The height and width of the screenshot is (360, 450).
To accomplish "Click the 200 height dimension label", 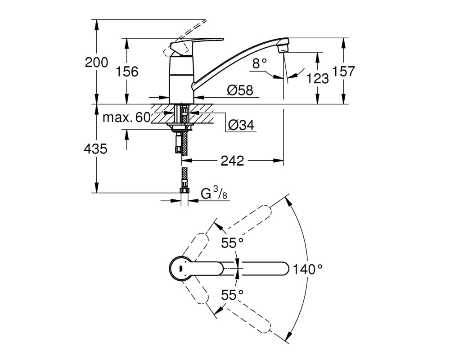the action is pos(96,62).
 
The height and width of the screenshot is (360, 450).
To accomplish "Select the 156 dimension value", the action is pos(127,72).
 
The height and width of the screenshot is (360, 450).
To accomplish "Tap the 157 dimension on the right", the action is pos(343,71).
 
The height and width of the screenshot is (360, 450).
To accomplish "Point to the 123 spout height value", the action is pos(317,78).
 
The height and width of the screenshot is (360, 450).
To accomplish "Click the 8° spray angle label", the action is pos(260,63).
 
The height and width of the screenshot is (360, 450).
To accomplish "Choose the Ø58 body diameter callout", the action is pos(240,90).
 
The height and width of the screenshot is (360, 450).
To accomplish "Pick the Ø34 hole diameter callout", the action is pos(241,125).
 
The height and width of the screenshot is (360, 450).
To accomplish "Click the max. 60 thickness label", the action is pos(126,117).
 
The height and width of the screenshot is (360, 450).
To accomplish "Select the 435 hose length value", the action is pos(95,148).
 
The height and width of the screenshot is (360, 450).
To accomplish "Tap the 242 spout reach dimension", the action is pos(232,161).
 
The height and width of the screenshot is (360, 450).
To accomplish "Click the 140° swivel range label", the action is pos(308,269).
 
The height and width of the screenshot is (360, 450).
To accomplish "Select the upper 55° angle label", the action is pos(232,243).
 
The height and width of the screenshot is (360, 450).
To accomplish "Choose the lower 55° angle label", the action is pos(232,295).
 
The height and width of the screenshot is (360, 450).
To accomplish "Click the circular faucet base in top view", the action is pos(181,268).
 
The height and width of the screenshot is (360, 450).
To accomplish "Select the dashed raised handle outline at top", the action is pos(187,36).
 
